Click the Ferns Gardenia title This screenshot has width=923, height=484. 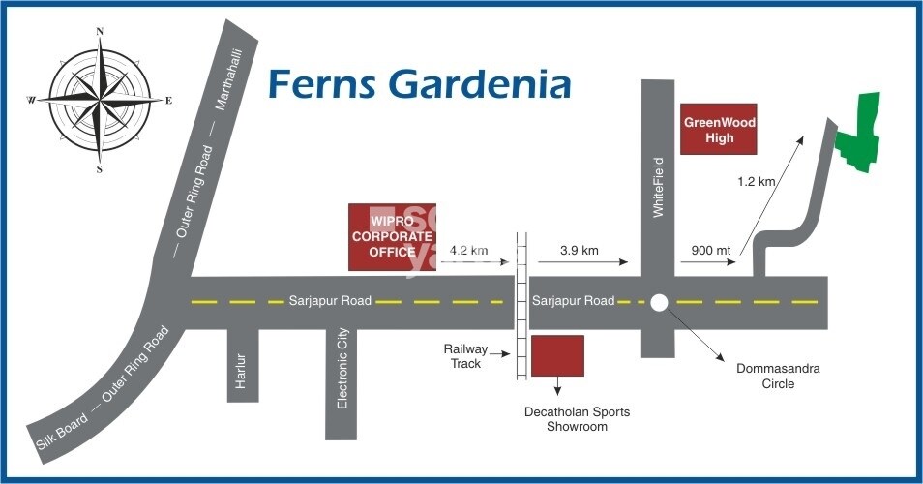point(418,84)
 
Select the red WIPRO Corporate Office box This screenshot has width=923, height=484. point(391,237)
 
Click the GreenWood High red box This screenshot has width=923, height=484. point(720,130)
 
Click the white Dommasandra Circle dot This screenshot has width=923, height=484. point(659,302)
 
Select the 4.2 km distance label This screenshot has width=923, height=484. point(468,251)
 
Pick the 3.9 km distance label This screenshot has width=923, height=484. point(579,251)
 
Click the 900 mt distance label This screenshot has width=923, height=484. point(710,251)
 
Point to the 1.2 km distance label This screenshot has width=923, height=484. point(756,181)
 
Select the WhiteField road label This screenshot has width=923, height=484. point(659,186)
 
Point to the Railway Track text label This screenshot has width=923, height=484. point(465,355)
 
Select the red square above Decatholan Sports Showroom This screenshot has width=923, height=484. point(557,355)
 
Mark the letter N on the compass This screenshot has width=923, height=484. point(100,31)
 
